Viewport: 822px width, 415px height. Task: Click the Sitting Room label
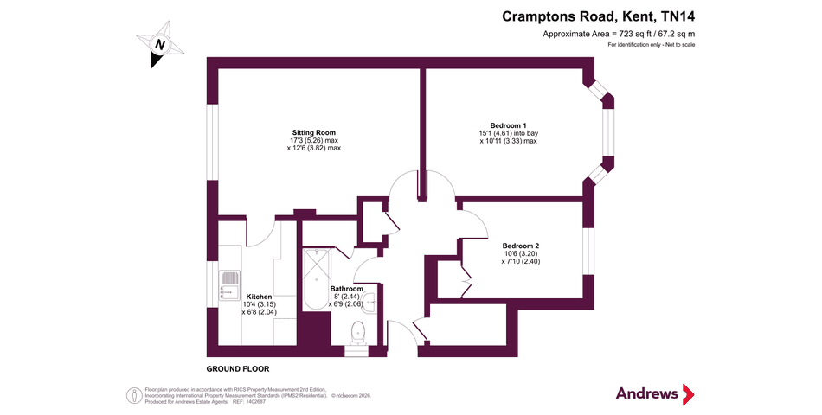314,131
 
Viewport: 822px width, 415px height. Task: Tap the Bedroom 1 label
509,125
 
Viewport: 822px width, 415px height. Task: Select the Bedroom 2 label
520,245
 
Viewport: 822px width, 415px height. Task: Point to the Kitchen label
260,297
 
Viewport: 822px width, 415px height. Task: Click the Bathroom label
347,288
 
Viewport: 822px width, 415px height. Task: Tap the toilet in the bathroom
356,334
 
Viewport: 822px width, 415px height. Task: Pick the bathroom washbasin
369,301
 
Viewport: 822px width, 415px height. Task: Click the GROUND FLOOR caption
238,368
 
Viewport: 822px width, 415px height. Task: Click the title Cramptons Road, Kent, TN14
598,16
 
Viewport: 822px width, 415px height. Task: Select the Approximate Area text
619,33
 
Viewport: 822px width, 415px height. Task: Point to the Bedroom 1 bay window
609,131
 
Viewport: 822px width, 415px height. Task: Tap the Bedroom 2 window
589,251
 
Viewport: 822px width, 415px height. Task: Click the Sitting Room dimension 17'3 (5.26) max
314,140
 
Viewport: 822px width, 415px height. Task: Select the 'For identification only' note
651,44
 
